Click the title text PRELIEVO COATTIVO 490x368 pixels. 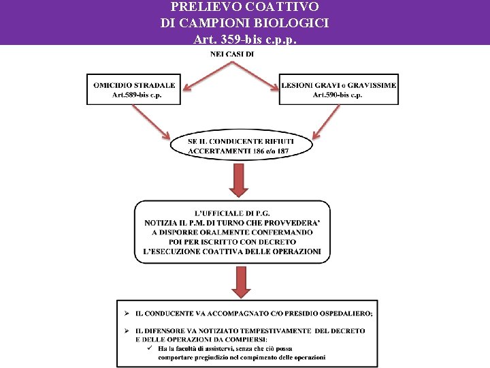pos(244,7)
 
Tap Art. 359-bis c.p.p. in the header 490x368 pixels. pos(244,39)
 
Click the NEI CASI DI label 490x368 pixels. pos(232,54)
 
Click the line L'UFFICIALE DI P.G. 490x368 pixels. pos(232,212)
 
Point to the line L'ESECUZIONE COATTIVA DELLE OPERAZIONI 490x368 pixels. pos(232,251)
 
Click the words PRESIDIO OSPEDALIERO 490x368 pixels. pos(331,313)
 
